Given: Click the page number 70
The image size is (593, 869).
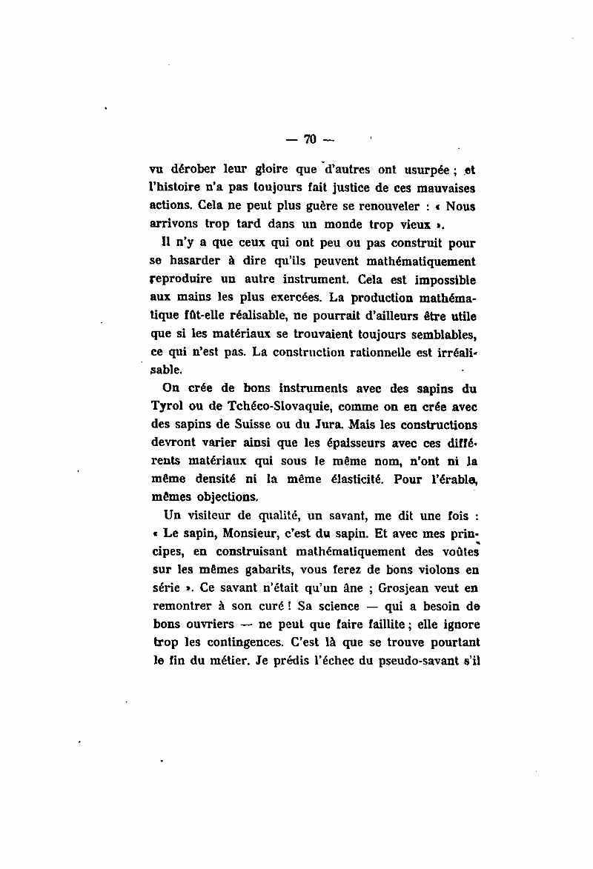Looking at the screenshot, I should (310, 139).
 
